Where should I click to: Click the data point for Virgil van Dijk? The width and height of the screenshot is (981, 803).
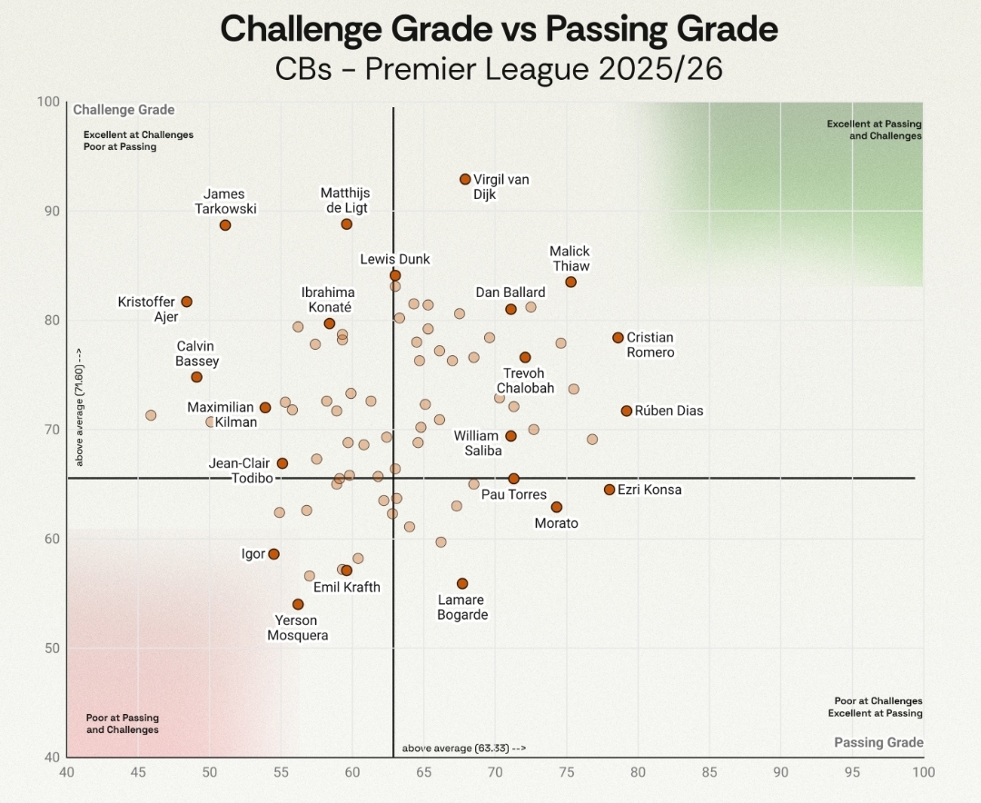coord(465,180)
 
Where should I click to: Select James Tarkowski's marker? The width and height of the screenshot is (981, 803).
coord(225,225)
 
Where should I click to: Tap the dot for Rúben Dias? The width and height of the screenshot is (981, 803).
coord(626,411)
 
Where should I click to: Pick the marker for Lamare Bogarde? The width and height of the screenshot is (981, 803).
coord(462,583)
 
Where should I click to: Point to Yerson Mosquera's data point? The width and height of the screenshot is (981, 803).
coord(298,604)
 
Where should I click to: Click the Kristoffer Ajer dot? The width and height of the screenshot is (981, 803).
coord(186,302)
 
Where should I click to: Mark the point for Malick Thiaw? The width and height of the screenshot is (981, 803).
coord(570,282)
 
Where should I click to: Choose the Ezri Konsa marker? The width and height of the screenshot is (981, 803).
coord(609,490)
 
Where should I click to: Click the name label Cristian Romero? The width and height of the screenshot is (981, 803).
coord(650,345)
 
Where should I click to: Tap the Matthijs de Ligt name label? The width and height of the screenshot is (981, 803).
coord(345,201)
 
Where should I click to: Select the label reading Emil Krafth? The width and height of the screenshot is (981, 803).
coord(347,588)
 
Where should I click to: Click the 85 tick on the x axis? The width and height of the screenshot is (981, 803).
coord(709,772)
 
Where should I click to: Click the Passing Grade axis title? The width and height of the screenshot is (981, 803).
coord(878,742)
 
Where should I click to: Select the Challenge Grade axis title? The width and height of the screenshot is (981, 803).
coord(124,110)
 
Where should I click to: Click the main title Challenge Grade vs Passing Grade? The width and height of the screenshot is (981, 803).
coord(499,29)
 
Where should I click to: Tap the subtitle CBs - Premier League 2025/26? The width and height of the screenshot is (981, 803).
coord(499,69)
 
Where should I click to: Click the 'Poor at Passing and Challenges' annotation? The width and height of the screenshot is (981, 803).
coord(123,724)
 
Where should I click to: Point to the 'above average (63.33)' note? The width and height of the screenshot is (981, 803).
coord(463,748)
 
